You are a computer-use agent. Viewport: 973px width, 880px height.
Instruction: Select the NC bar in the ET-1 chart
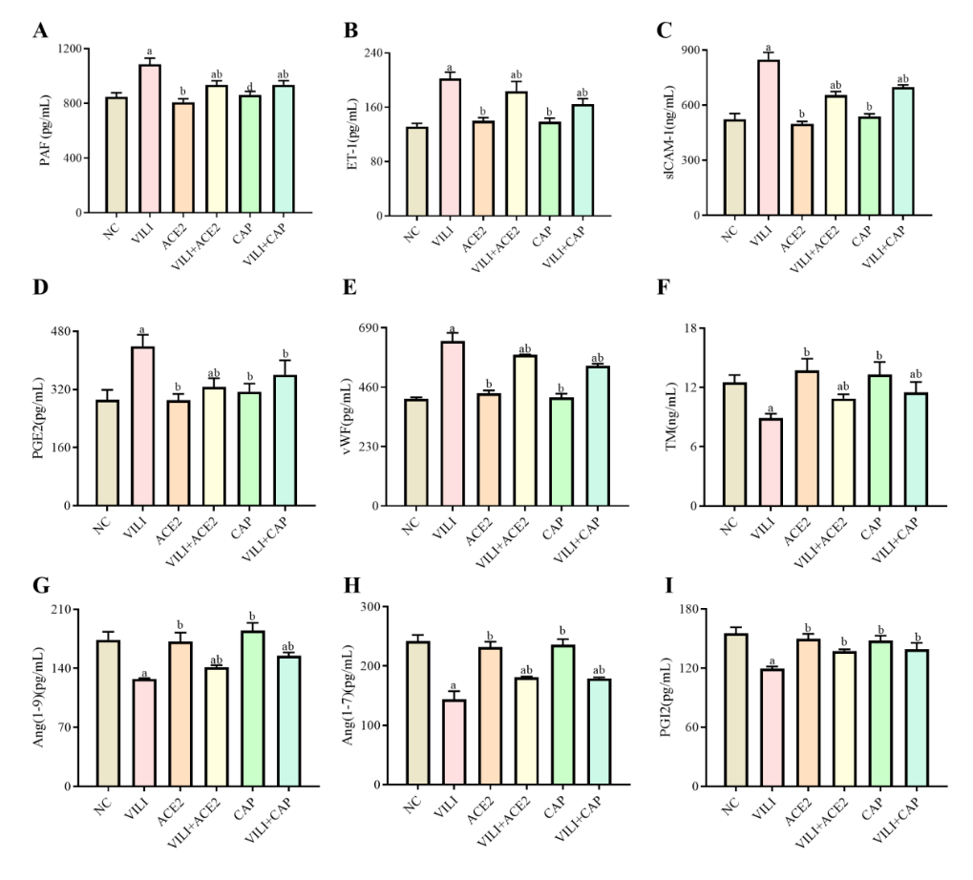tap(416, 172)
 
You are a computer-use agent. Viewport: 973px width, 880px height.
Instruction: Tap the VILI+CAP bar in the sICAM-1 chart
tap(903, 152)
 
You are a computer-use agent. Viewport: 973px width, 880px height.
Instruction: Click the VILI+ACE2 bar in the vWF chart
tap(524, 430)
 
